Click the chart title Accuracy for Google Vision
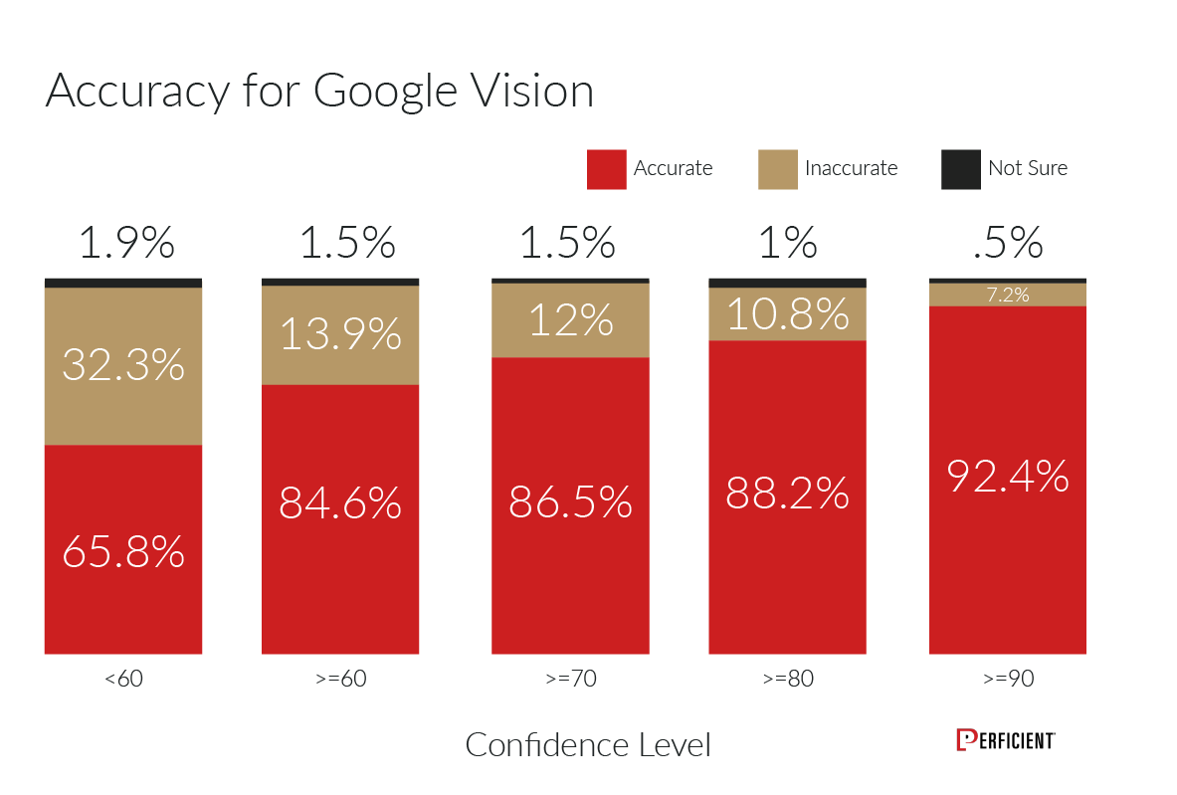coord(319,92)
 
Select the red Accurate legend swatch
coord(606,169)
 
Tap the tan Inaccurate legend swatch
coord(777,169)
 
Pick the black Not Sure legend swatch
coord(960,169)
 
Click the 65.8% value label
coord(123,551)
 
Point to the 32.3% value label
coord(123,364)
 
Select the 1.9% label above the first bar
coord(126,243)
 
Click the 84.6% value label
coord(340,502)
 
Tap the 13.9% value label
coord(340,334)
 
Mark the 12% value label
coord(570,320)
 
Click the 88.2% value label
coord(787,493)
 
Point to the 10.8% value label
coord(787,314)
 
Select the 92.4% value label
coord(1007,476)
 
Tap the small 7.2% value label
coord(1007,295)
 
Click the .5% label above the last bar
coord(1007,243)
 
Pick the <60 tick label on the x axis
coord(123,681)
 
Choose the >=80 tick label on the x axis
coord(787,681)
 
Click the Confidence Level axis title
coord(588,744)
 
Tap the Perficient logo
coord(1005,740)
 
